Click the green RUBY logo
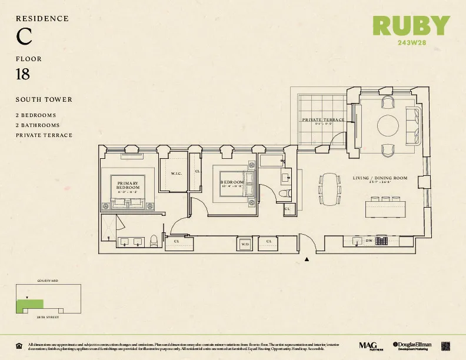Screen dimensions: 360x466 point(411,25)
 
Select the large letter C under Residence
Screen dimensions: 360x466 point(24,37)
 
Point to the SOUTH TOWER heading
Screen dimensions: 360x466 point(44,100)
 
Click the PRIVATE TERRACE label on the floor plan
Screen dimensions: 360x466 point(323,120)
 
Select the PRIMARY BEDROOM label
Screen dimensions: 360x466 point(128,185)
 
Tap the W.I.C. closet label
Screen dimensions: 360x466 point(177,174)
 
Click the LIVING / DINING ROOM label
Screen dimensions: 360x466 point(380,178)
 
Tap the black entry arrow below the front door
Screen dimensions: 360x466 point(307,258)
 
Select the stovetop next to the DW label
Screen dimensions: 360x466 point(382,241)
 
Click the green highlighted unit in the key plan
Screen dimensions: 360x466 point(29,304)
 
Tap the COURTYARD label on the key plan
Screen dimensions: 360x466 point(47,281)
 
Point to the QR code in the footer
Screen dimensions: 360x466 point(445,345)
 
